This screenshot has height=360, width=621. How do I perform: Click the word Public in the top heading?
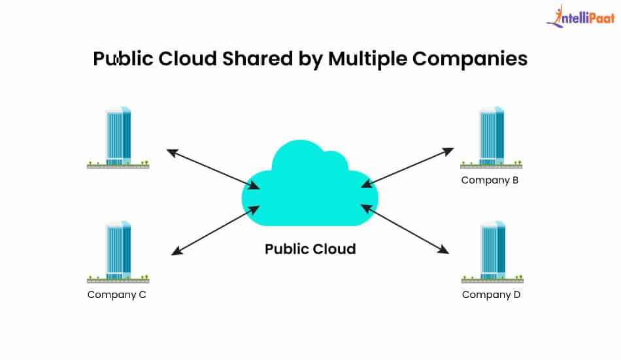124,59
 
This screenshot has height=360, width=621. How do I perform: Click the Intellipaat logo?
580,18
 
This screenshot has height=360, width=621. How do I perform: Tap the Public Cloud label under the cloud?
310,249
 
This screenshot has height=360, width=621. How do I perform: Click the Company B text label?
490,180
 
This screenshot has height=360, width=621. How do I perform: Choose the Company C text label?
117,295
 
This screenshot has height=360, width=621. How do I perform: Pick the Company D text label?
491,295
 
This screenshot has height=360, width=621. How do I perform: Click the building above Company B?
492,137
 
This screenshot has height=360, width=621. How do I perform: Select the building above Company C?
118,251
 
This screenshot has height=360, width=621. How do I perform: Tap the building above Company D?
492,251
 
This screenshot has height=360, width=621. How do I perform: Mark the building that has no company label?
118,137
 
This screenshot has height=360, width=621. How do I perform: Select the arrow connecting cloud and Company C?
215,230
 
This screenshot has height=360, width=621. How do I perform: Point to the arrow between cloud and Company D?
405,229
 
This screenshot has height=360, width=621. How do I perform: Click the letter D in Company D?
516,295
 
